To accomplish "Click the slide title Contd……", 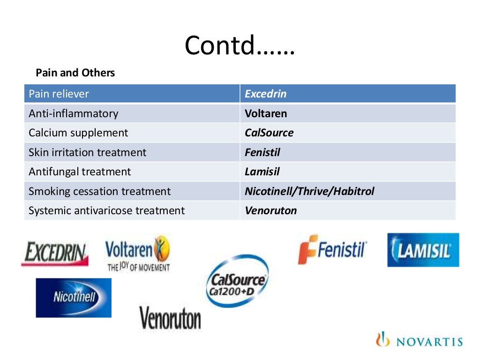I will [240, 45].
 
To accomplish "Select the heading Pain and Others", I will [75, 73].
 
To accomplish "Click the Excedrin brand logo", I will [55, 254].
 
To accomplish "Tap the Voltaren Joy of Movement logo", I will [137, 254].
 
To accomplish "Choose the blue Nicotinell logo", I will [74, 298].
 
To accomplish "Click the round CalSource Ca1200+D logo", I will [238, 281].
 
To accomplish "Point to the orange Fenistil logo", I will [332, 249].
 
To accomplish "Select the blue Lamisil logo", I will [423, 250].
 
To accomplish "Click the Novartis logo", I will [419, 341].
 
